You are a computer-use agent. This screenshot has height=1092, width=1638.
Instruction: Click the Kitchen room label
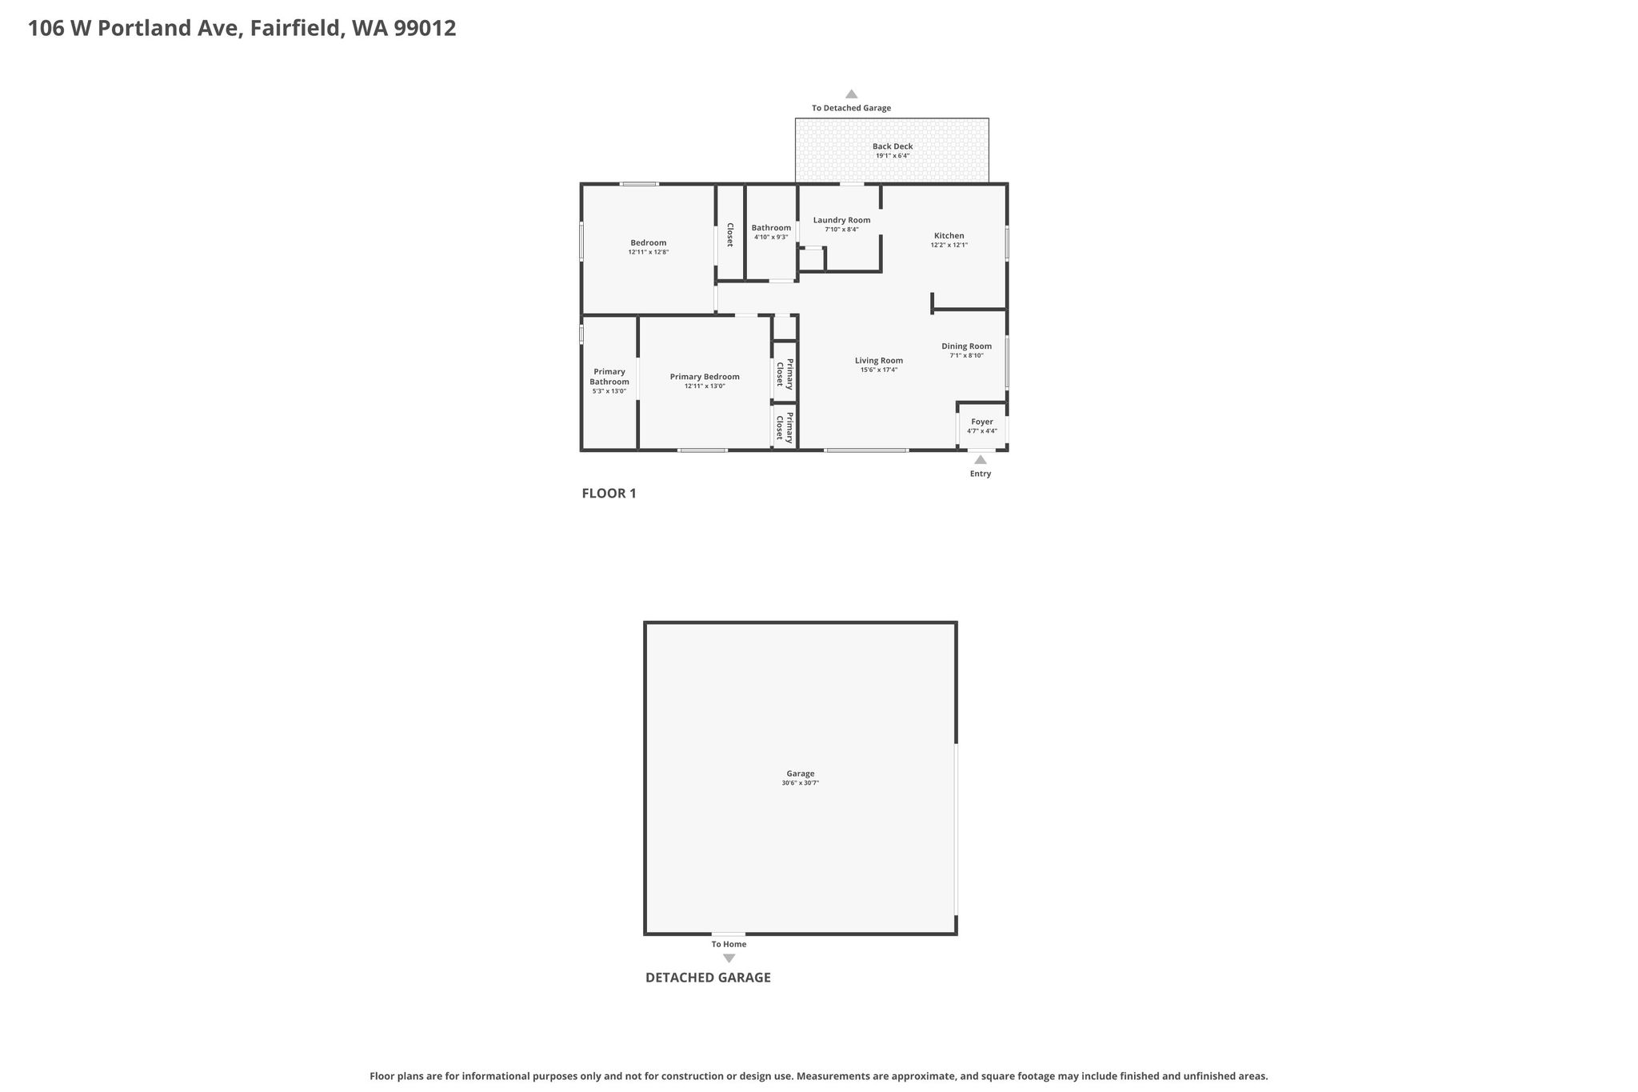tap(949, 236)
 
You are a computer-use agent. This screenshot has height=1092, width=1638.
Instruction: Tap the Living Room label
tap(879, 361)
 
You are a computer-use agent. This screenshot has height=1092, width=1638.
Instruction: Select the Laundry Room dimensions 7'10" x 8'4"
tap(841, 230)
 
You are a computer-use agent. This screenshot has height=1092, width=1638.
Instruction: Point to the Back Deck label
tap(893, 146)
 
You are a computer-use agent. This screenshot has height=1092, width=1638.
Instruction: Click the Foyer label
tap(982, 422)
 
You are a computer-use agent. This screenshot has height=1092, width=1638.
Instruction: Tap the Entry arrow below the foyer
tap(981, 459)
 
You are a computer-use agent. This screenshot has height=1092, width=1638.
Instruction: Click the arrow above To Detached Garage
tap(852, 94)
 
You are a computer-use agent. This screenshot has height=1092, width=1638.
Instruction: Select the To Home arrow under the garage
tap(729, 958)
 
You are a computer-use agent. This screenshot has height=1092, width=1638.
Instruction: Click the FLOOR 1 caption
tap(609, 494)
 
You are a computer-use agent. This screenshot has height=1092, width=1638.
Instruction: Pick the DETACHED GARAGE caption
tap(708, 978)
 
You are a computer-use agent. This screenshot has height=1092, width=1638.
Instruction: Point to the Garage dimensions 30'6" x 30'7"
tap(801, 783)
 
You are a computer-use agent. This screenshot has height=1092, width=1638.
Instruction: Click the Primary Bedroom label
tap(705, 377)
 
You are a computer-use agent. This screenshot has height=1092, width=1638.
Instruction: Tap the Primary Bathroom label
tap(609, 377)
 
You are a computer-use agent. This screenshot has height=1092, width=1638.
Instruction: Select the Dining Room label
tap(966, 346)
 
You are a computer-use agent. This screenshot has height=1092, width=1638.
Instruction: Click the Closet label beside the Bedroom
tap(729, 234)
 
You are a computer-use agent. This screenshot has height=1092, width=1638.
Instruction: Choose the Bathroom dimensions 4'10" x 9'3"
tap(771, 238)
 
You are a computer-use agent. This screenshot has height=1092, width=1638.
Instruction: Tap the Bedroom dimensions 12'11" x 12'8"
tap(649, 253)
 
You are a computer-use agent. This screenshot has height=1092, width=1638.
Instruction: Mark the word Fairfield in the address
tap(298, 28)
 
